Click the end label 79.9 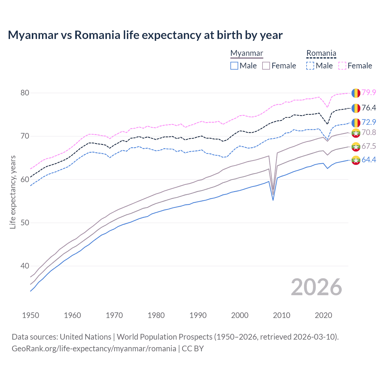[x=369, y=93]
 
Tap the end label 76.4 [x=369, y=108]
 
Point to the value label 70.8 [x=369, y=133]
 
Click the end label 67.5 [x=369, y=146]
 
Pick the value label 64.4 [x=369, y=160]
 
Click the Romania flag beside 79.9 [x=356, y=93]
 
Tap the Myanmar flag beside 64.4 [x=356, y=160]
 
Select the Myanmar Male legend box [x=234, y=66]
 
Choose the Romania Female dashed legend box [x=342, y=66]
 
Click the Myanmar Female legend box [x=266, y=66]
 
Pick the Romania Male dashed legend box [x=310, y=66]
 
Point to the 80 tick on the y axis [x=25, y=93]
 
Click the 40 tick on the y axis [x=25, y=266]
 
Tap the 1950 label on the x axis [x=31, y=315]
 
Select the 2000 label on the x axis [x=240, y=315]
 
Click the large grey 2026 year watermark [x=316, y=287]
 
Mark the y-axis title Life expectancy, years [x=13, y=192]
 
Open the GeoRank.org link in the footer [x=94, y=349]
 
